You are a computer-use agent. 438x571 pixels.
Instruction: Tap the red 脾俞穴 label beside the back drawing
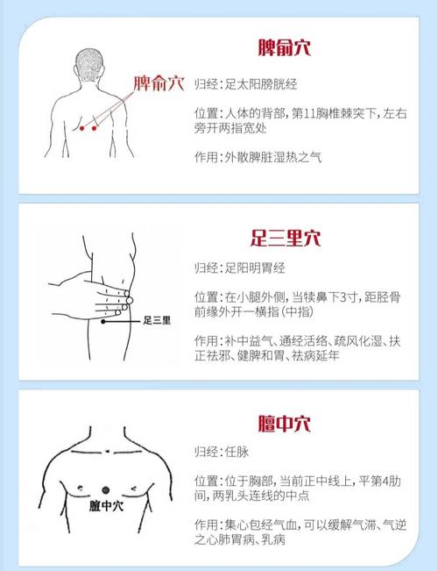coord(159,84)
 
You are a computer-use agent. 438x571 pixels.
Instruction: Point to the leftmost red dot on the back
coord(83,128)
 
